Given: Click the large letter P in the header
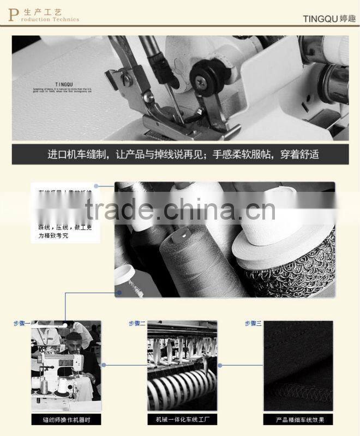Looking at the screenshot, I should tap(13, 14).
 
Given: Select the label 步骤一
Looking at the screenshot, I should tap(22, 324).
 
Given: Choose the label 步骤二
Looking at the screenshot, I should tap(137, 324).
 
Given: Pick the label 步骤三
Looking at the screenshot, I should tap(253, 324).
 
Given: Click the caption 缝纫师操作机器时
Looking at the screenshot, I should tap(66, 420).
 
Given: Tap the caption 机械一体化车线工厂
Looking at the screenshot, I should tap(182, 420).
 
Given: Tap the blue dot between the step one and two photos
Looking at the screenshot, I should tap(104, 365).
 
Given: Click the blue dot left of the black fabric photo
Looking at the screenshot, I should tap(220, 365).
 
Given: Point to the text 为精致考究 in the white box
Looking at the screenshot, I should tap(54, 236).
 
